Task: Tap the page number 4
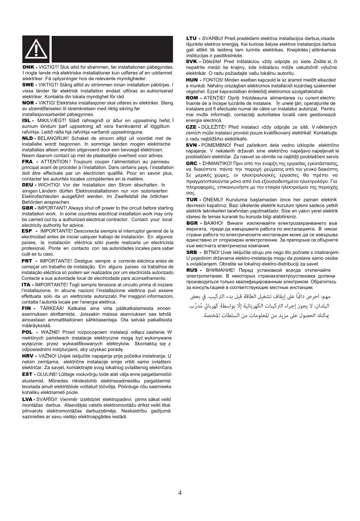180,493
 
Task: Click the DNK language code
29,67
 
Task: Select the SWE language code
29,84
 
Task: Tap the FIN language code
28,309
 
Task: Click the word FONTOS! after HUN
215,80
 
